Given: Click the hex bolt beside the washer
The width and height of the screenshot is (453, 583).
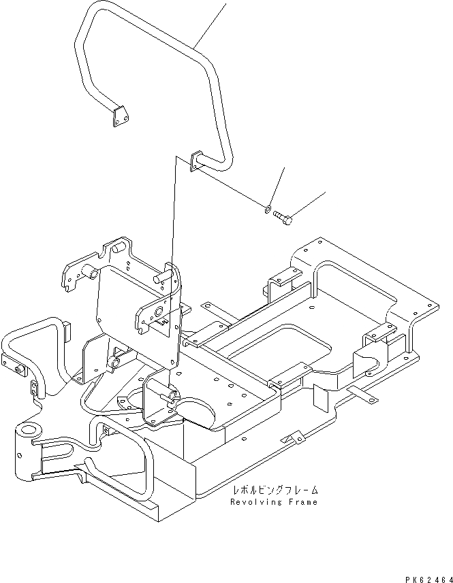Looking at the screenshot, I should [x=284, y=218].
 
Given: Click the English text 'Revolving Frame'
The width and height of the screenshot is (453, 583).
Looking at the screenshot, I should [x=274, y=502].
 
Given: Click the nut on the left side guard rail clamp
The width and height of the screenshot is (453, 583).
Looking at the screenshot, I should [x=18, y=370].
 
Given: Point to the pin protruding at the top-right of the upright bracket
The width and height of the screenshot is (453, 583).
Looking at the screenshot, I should [x=163, y=277].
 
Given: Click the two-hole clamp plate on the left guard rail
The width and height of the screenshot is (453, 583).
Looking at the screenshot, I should [x=33, y=388].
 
